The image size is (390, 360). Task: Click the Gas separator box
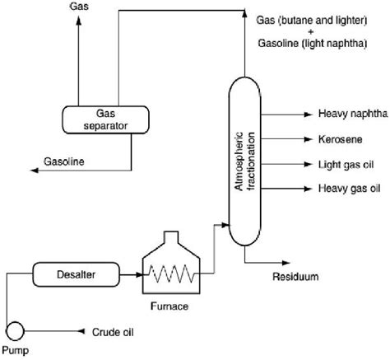coord(100,120)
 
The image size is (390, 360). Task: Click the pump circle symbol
coord(14,331)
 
